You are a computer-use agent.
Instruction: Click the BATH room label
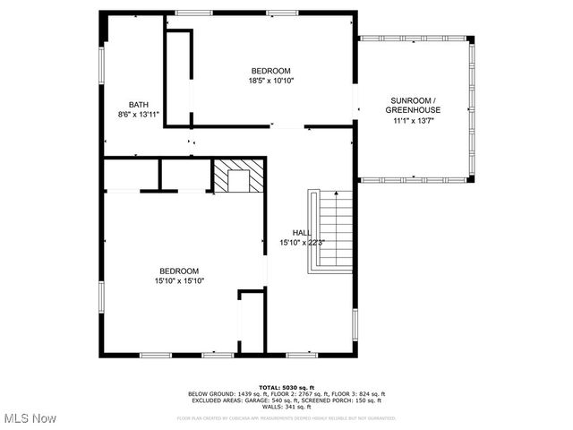[x=138, y=104]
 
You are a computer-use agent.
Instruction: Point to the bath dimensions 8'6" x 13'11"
[x=138, y=114]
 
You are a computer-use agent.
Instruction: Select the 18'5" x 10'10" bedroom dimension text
[x=270, y=81]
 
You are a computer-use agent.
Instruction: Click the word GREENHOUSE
[x=414, y=109]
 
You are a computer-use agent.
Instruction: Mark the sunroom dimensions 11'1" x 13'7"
[x=414, y=120]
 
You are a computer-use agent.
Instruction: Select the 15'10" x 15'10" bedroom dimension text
[x=178, y=281]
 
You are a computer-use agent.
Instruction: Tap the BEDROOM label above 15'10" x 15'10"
[x=178, y=271]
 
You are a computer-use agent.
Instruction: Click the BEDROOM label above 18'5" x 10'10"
[x=270, y=71]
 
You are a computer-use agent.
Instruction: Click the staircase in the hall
[x=333, y=230]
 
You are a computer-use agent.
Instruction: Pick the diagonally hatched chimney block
[x=238, y=176]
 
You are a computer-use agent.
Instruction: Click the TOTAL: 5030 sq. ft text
[x=286, y=387]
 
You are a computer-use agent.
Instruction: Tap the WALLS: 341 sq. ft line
[x=286, y=407]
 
